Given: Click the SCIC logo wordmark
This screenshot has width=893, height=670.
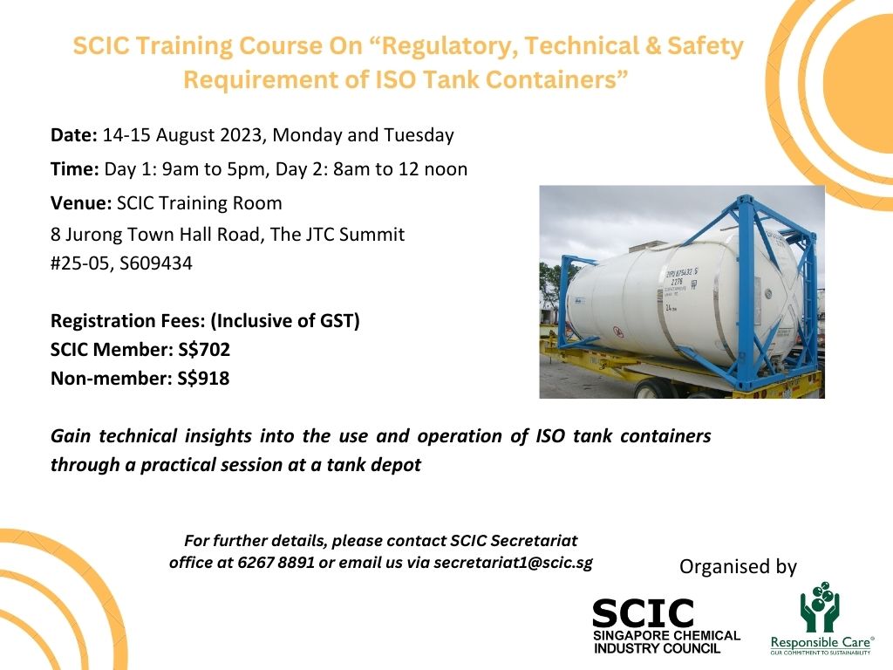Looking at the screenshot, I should (x=644, y=613).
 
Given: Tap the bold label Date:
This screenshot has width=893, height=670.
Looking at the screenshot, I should (x=74, y=135).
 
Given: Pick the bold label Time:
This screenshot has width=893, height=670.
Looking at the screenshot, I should (x=75, y=169).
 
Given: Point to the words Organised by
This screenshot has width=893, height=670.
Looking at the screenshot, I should (x=738, y=566).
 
